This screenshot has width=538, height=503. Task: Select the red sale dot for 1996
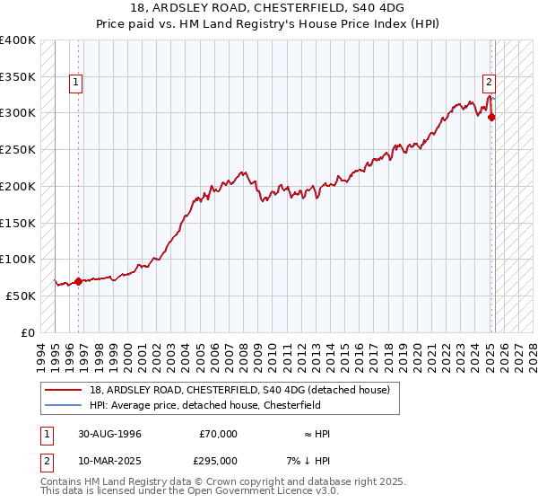78,281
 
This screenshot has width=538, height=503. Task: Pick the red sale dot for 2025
492,116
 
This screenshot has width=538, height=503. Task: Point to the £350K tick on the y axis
18,76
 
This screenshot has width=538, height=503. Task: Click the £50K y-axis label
21,296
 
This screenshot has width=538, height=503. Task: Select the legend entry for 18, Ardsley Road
239,391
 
